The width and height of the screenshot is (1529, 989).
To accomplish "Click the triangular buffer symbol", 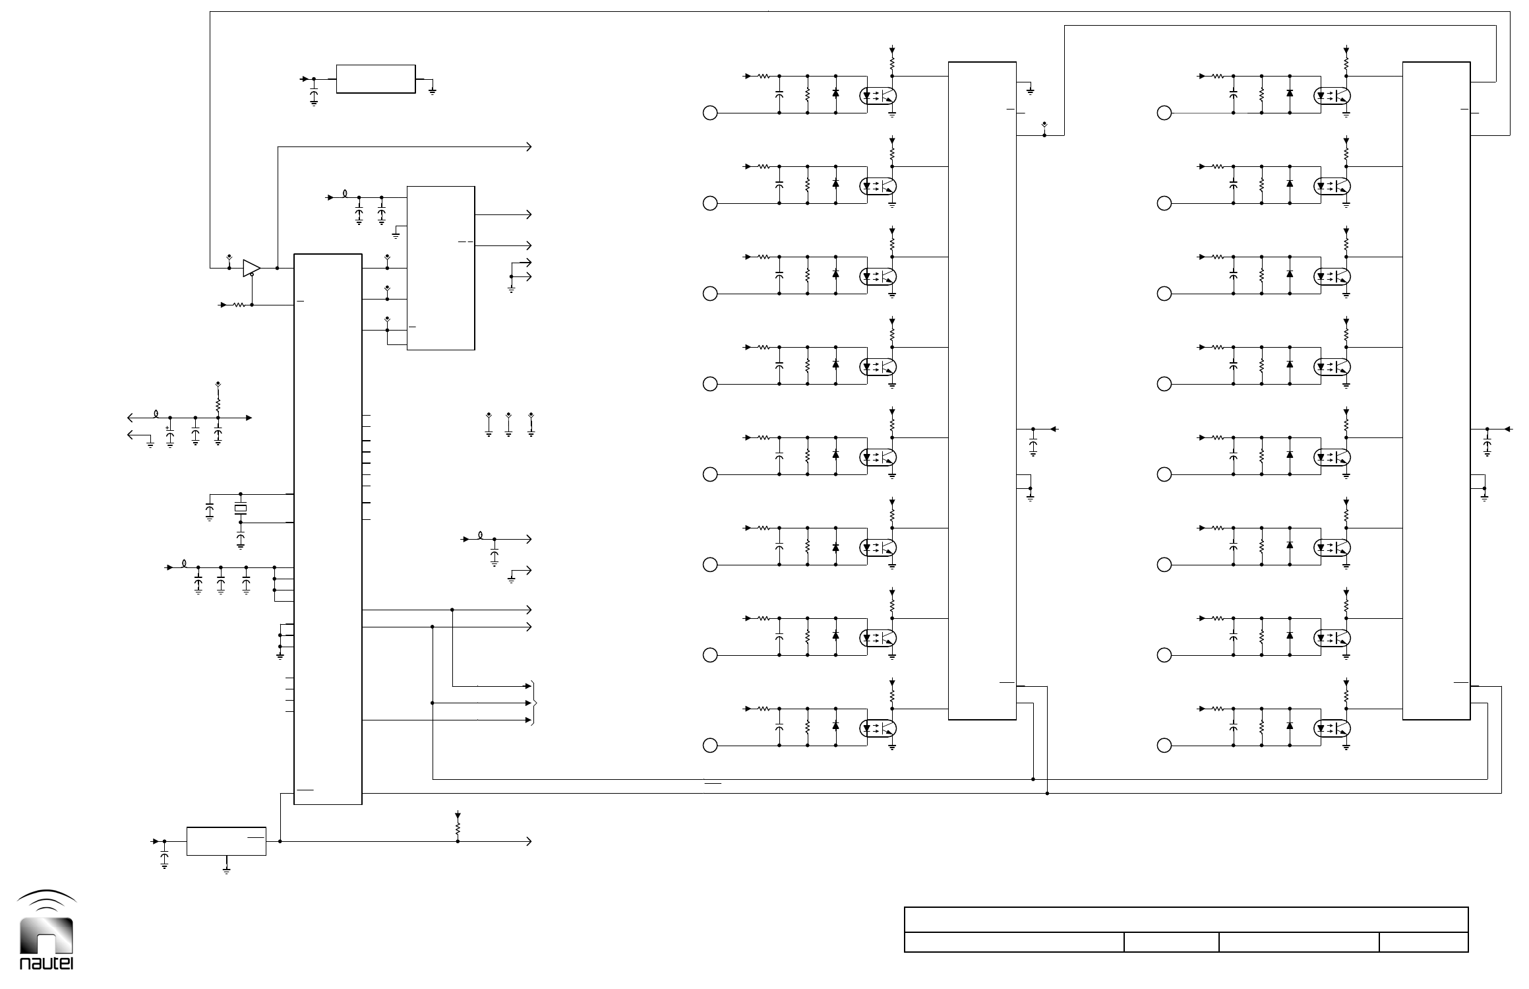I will tap(251, 268).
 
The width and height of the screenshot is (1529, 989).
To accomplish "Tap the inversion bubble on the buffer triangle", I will tap(253, 275).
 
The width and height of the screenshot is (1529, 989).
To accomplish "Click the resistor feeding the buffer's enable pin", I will tap(239, 305).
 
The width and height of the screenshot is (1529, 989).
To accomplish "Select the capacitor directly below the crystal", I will tap(241, 540).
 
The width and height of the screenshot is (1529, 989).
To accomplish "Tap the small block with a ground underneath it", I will tap(226, 841).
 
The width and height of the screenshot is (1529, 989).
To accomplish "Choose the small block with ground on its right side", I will tap(376, 79).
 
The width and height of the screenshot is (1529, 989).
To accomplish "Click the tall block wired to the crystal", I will tap(328, 528).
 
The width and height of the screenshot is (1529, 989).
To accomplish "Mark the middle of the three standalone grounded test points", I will tap(508, 426).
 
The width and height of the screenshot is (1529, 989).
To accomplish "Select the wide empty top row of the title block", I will tap(1185, 920).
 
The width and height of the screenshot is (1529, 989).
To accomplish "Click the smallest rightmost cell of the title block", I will tap(1424, 942).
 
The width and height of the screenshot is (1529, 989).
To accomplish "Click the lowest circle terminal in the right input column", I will tap(1164, 746).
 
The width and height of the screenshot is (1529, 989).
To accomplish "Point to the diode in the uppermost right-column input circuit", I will tap(1290, 93).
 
